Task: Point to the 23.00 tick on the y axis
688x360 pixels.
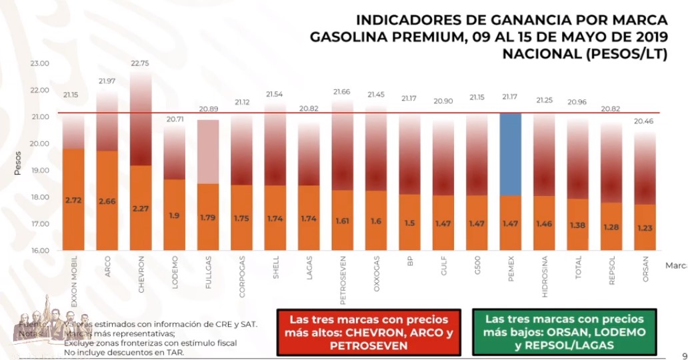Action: pos(40,63)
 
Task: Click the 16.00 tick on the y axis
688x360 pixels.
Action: pos(40,251)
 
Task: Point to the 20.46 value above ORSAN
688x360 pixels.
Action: pos(644,121)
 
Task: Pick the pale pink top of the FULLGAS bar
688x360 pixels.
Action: pos(208,151)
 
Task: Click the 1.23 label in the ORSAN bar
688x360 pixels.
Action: pos(644,227)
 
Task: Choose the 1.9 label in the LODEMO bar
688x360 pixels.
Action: pos(174,216)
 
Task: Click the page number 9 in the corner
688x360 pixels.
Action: pos(683,354)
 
